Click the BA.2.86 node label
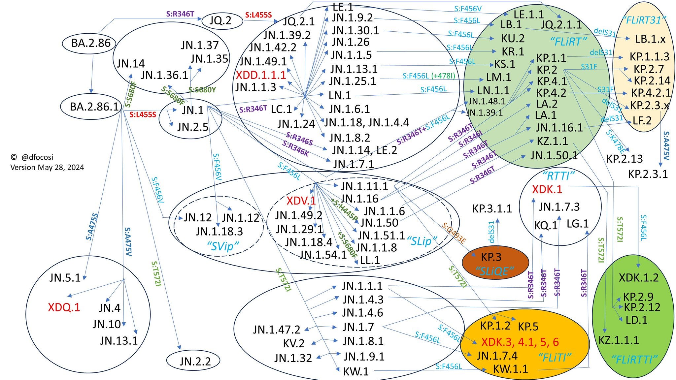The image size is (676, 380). click(91, 43)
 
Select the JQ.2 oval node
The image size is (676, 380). click(220, 20)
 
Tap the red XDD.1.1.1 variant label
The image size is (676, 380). click(261, 75)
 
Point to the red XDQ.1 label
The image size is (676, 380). click(64, 307)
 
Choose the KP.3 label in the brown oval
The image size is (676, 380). click(491, 257)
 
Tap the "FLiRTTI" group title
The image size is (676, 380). click(634, 360)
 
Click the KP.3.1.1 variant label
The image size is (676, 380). click(492, 208)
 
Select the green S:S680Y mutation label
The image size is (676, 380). click(202, 89)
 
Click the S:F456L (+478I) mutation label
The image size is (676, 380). click(428, 76)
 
